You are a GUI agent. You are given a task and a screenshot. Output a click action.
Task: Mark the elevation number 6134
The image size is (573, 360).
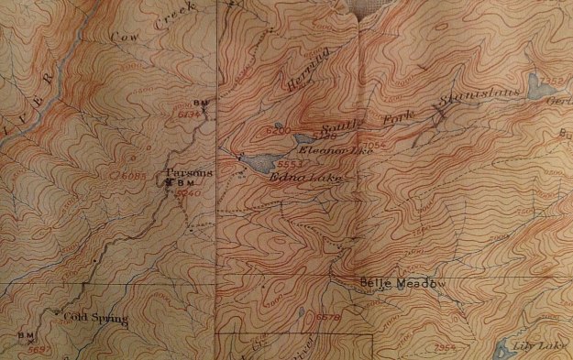(x=188, y=115)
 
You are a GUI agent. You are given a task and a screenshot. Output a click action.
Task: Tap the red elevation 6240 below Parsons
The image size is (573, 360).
(x=187, y=194)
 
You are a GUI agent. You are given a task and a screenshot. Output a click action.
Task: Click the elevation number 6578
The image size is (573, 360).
(x=327, y=316)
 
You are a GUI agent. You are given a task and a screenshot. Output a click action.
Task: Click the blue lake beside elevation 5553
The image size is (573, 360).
(x=256, y=165)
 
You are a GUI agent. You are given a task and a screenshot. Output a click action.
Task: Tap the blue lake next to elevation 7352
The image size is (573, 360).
(x=534, y=85)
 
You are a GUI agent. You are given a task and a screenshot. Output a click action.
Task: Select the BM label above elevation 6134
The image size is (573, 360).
(x=202, y=103)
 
